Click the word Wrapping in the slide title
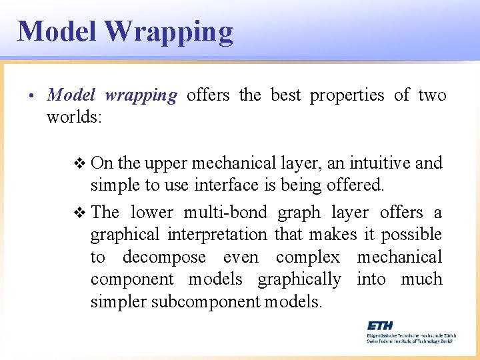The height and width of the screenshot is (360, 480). pyautogui.click(x=169, y=32)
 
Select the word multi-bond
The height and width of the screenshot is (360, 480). pyautogui.click(x=225, y=213)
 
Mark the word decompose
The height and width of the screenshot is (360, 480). pyautogui.click(x=163, y=257)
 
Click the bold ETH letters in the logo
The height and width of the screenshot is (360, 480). pyautogui.click(x=380, y=325)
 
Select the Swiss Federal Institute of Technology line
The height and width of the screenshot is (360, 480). pyautogui.click(x=409, y=340)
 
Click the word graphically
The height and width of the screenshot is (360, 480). pyautogui.click(x=299, y=279)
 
